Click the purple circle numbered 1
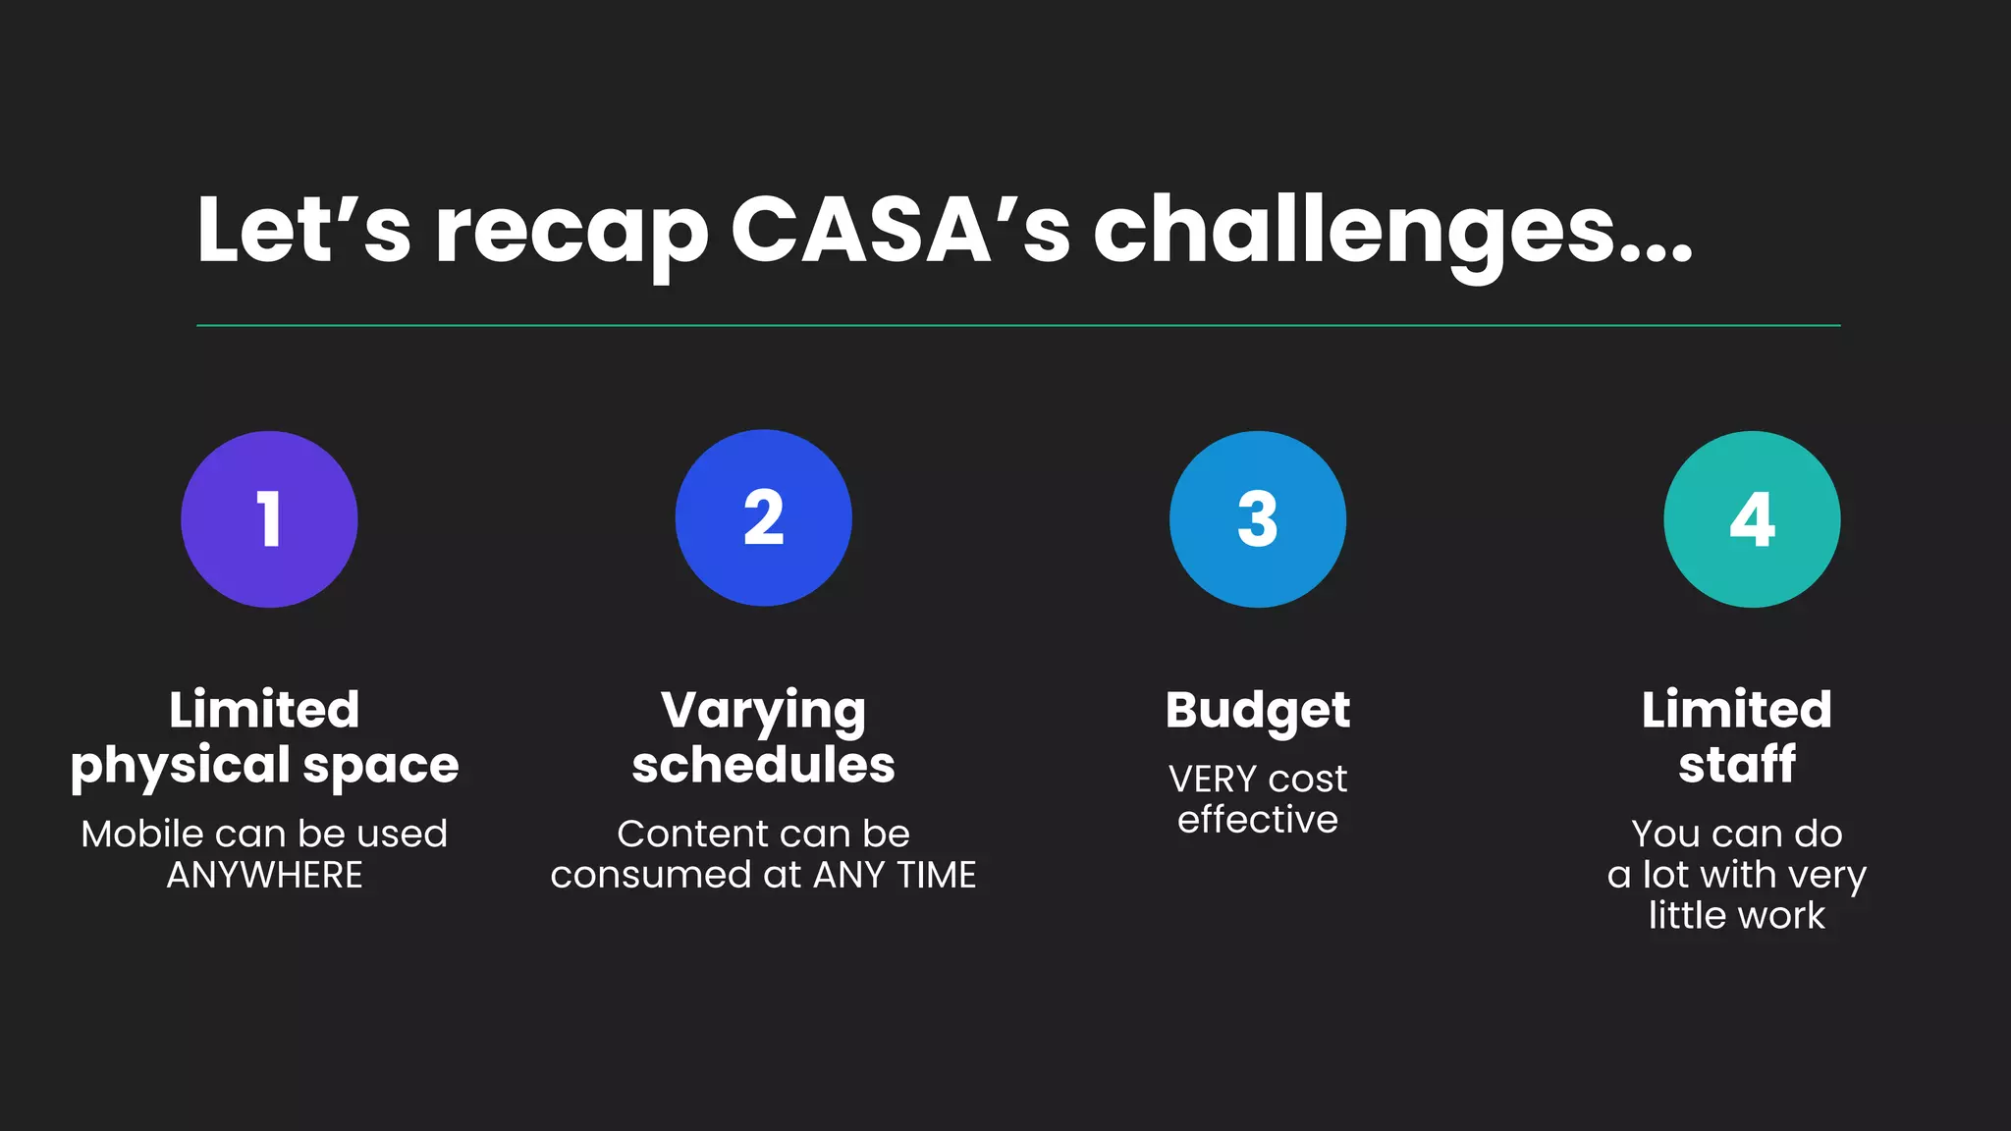pyautogui.click(x=269, y=519)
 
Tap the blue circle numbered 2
pyautogui.click(x=763, y=518)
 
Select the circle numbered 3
pyautogui.click(x=1257, y=519)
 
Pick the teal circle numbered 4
pyautogui.click(x=1752, y=519)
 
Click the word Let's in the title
pyautogui.click(x=303, y=232)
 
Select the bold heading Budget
pyautogui.click(x=1258, y=711)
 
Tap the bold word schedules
pyautogui.click(x=763, y=765)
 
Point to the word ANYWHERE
pyautogui.click(x=264, y=875)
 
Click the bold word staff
pyautogui.click(x=1737, y=765)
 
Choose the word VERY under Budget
pyautogui.click(x=1212, y=780)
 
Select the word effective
pyautogui.click(x=1258, y=820)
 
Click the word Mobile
pyautogui.click(x=142, y=835)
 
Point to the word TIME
pyautogui.click(x=937, y=875)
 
